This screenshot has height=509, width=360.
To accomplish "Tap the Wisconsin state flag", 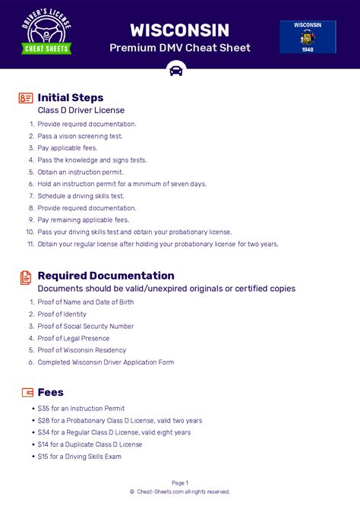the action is pos(308,36).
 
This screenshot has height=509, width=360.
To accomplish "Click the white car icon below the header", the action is pos(176,71).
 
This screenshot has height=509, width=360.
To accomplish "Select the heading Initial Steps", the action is pos(70,97).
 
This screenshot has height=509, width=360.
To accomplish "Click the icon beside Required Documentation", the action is pos(26,276).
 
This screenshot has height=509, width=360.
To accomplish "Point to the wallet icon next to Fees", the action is pos(27,393).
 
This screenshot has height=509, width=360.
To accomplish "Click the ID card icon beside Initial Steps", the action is pos(26,98).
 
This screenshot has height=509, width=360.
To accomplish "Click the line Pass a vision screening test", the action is pos(80,136).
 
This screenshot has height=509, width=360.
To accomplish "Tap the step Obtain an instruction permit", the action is pos(81,172).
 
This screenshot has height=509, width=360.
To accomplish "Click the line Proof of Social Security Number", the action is pos(86,326).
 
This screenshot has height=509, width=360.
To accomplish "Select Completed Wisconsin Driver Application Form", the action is pos(106,362).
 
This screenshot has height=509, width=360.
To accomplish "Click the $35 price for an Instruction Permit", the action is pos(43,408).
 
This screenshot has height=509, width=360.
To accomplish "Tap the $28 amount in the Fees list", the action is pos(43,420).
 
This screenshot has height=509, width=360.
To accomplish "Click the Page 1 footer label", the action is pos(180,482).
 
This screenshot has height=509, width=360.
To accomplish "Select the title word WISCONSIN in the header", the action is pos(180,30).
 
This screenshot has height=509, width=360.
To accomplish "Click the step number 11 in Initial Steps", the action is pos(30,244).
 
